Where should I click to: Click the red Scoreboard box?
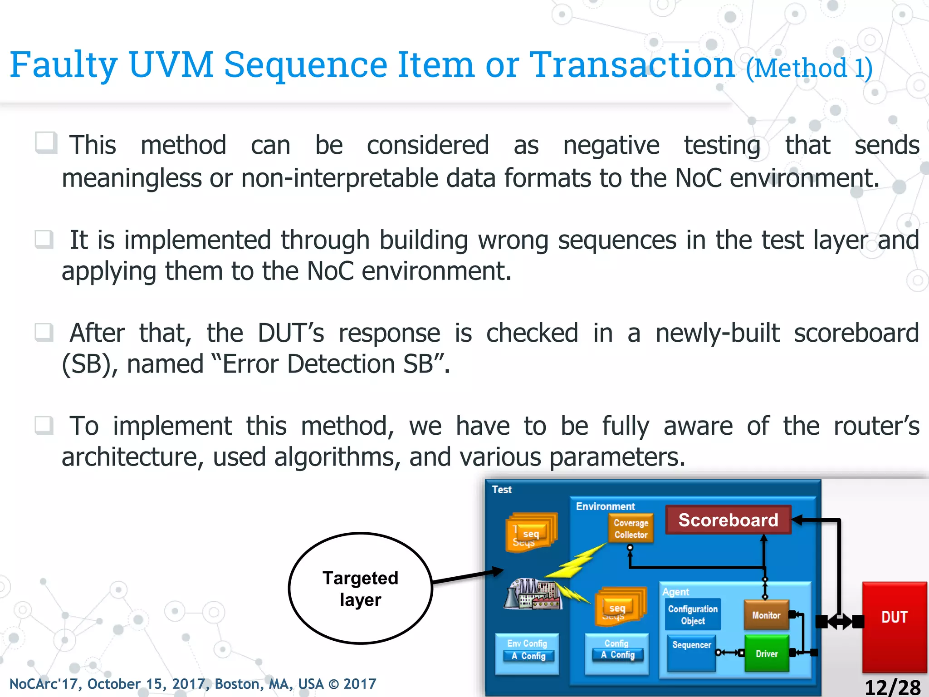(728, 520)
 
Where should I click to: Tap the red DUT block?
(894, 626)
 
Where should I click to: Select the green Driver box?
(767, 653)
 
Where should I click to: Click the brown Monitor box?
(766, 615)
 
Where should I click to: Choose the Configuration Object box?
(693, 615)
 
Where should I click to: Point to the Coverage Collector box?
(631, 529)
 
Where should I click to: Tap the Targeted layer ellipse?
(361, 589)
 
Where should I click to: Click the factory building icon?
(533, 594)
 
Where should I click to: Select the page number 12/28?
(892, 687)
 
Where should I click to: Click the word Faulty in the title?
(64, 65)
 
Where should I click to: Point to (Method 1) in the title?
(809, 69)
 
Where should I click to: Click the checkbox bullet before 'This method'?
(46, 143)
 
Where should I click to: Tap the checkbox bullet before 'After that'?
(44, 333)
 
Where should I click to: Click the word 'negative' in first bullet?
(611, 146)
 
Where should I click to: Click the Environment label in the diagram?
(605, 506)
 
